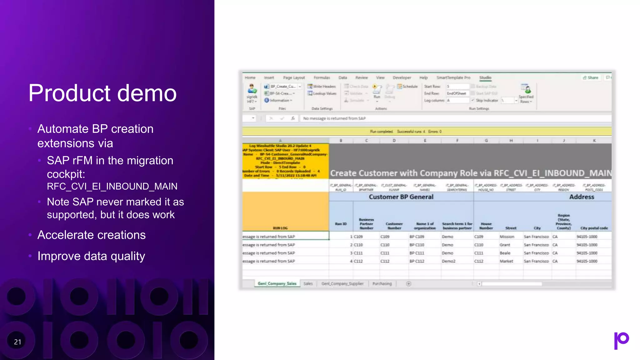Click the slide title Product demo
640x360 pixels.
pyautogui.click(x=102, y=93)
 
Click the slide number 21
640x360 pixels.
pyautogui.click(x=17, y=342)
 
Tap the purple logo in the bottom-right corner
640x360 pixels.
pyautogui.click(x=621, y=340)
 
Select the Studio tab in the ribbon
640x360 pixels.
pyautogui.click(x=485, y=77)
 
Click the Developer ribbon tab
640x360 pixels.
pyautogui.click(x=402, y=77)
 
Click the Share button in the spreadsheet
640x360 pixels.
pyautogui.click(x=591, y=77)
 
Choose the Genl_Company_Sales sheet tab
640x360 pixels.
pyautogui.click(x=277, y=283)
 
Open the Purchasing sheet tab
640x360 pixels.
pyautogui.click(x=382, y=283)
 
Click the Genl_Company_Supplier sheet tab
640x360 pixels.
pyautogui.click(x=342, y=283)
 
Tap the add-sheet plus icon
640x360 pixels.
pyautogui.click(x=408, y=283)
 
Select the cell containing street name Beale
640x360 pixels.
pyautogui.click(x=505, y=253)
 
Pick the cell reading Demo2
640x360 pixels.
pyautogui.click(x=449, y=261)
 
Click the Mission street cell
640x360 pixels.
pyautogui.click(x=507, y=237)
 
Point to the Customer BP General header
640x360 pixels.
pyautogui.click(x=401, y=197)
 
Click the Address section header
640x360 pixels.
pyautogui.click(x=582, y=197)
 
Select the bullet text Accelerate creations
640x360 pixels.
pyautogui.click(x=92, y=235)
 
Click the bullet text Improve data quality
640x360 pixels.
pyautogui.click(x=91, y=256)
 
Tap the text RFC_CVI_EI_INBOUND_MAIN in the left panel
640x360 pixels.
pyautogui.click(x=112, y=186)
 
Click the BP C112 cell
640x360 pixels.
pyautogui.click(x=417, y=261)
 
